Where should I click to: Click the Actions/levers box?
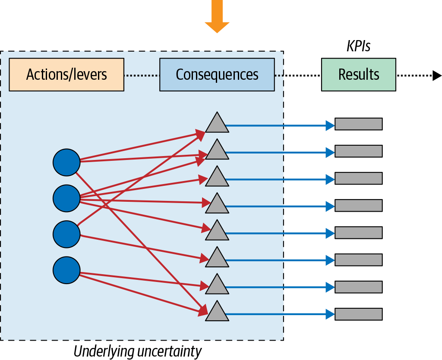tap(66, 75)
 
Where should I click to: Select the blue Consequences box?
tap(217, 75)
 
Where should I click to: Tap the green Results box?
tap(359, 75)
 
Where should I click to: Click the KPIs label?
tap(359, 46)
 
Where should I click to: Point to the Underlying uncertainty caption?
tap(137, 351)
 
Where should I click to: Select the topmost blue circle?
tap(66, 162)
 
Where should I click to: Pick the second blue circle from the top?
tap(66, 198)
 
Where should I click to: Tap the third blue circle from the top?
tap(66, 234)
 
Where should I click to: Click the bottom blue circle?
tap(66, 270)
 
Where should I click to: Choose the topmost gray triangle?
tap(217, 124)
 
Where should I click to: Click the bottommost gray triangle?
tap(217, 312)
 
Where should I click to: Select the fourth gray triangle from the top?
tap(217, 204)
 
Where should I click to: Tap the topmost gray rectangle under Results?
tap(359, 124)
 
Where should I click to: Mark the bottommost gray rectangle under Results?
tap(359, 313)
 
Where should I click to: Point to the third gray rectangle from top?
tap(359, 178)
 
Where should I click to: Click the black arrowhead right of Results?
tap(437, 75)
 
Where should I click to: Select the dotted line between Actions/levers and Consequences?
tap(142, 75)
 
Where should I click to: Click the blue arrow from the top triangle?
tap(281, 125)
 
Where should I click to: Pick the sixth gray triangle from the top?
tap(217, 258)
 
